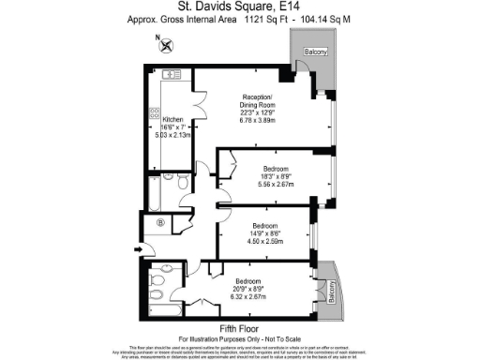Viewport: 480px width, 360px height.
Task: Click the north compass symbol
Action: point(165,42)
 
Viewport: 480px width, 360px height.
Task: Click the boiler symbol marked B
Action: point(161,222)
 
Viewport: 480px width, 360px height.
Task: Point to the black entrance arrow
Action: point(139,249)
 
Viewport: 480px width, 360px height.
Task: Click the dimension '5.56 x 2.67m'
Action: point(277,184)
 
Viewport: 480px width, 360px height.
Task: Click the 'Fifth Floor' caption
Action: point(239,327)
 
